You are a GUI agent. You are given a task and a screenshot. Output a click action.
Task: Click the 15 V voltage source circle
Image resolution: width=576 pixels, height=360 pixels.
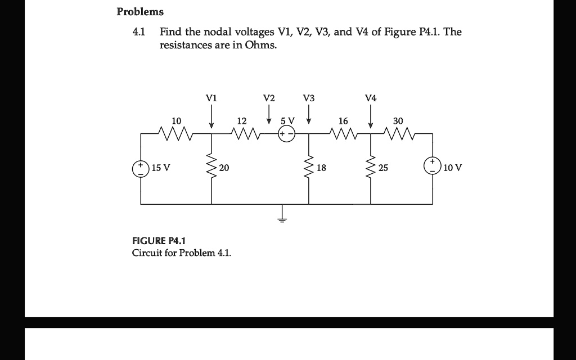[x=141, y=168]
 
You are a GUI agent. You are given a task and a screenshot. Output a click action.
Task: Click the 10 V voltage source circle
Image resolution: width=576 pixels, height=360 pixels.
[x=433, y=168]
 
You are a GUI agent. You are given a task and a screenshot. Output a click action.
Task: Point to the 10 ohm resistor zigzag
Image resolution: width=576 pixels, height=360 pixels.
[x=175, y=134]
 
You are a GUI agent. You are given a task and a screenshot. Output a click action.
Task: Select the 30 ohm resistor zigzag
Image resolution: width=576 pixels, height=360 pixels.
[x=399, y=134]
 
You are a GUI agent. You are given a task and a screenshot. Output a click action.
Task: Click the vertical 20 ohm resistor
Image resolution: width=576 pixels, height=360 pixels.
[x=211, y=168]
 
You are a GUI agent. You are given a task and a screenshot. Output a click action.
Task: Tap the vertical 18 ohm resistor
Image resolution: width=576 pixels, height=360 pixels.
[x=309, y=168]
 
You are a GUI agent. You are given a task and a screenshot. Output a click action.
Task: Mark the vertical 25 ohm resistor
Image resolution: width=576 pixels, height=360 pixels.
[x=371, y=168]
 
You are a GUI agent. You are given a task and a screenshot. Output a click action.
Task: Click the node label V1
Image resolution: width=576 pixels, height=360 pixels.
[x=211, y=98]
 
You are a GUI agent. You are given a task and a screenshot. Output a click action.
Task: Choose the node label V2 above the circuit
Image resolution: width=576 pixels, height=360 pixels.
[x=269, y=98]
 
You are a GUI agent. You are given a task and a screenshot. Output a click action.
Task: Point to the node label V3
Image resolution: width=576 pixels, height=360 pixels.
[x=309, y=98]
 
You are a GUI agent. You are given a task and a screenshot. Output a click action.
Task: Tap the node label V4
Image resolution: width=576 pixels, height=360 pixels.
[x=371, y=98]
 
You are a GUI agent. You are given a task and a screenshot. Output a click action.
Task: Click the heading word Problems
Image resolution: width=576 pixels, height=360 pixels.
[x=140, y=12]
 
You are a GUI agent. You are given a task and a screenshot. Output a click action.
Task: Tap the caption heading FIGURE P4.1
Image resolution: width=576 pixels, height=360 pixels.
[x=155, y=241]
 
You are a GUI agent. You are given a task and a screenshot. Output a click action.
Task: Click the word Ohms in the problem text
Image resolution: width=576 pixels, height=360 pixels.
[x=261, y=44]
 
